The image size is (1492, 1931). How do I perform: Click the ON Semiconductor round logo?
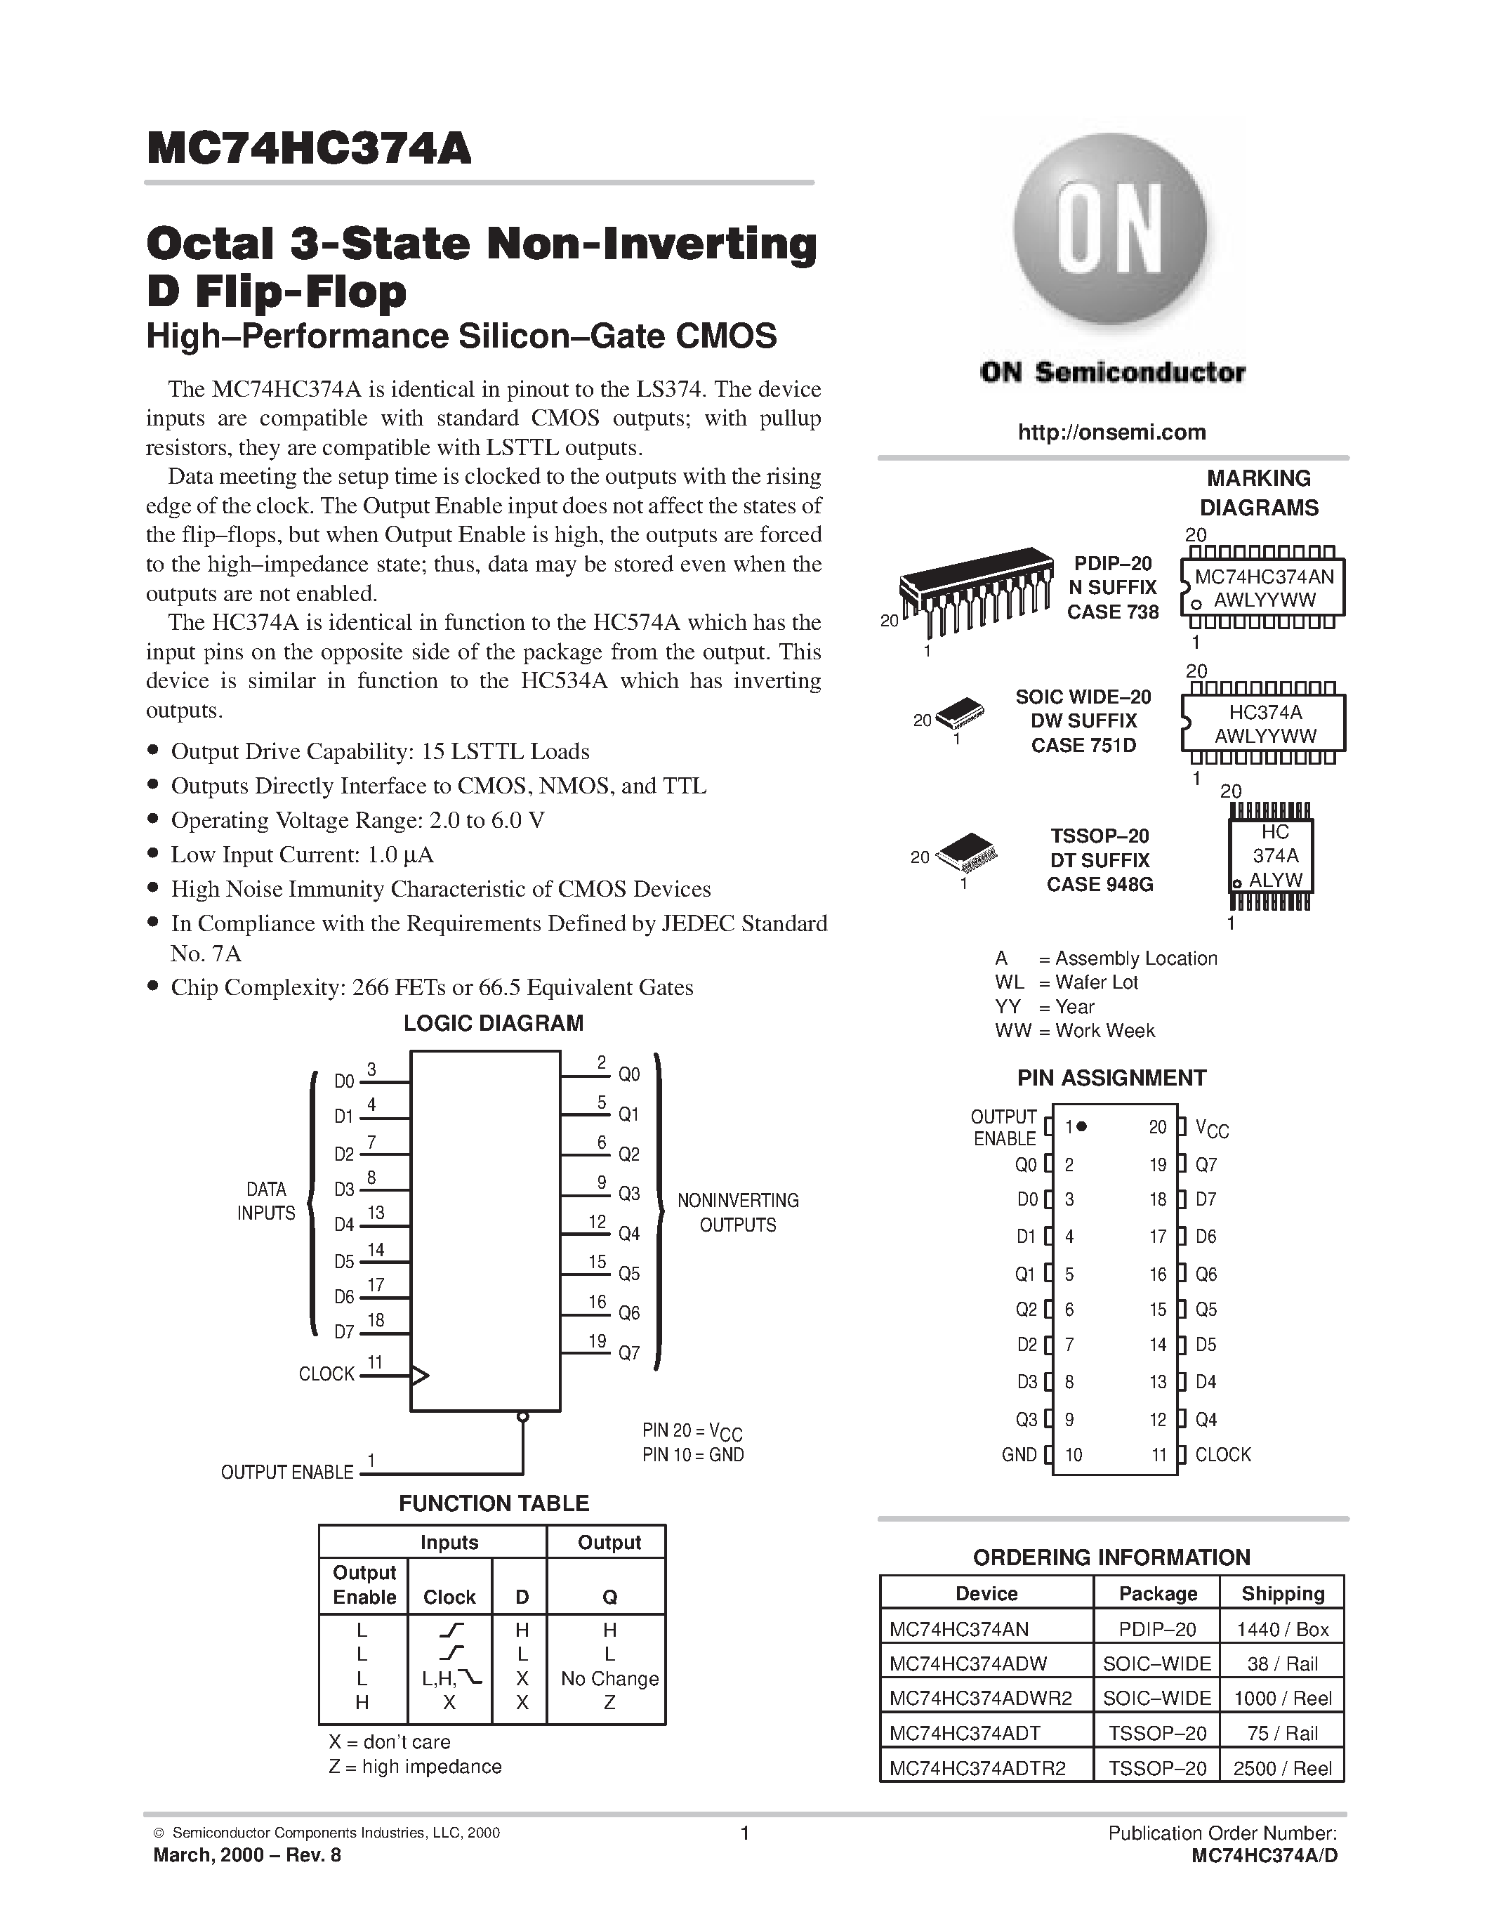[1111, 232]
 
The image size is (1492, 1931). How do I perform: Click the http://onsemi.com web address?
[1111, 433]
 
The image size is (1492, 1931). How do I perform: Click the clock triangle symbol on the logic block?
[420, 1375]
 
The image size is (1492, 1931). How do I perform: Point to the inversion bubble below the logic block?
[522, 1416]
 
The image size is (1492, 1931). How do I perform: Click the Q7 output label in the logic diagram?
[628, 1353]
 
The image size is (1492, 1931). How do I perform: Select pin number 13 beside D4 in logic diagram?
[376, 1212]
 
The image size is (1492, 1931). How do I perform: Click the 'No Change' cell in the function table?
[610, 1679]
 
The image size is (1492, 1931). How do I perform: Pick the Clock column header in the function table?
[449, 1597]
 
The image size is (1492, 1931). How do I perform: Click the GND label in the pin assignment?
[1018, 1454]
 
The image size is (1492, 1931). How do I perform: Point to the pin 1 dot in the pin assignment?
[1081, 1126]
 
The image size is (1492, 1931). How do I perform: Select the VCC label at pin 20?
[1211, 1128]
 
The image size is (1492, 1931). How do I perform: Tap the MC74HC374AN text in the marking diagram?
[1264, 577]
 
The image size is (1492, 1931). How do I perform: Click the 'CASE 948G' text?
[1100, 884]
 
